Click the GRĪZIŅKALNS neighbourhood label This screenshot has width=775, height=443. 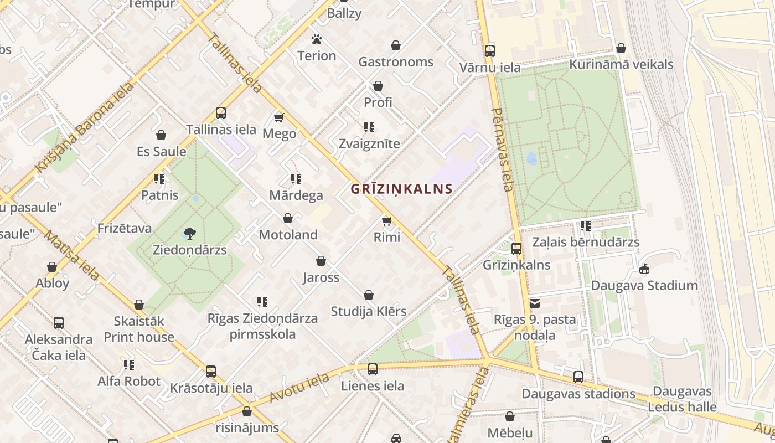click(x=401, y=189)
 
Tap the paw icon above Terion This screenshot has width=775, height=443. click(x=317, y=39)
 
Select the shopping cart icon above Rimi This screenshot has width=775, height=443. click(x=387, y=221)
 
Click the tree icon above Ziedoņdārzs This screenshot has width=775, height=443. click(x=189, y=234)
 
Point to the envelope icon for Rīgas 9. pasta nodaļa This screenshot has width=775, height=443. click(x=535, y=303)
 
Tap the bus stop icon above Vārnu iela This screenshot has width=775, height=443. click(x=490, y=51)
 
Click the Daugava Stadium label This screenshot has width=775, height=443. click(x=644, y=286)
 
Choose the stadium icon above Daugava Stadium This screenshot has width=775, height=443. click(x=644, y=269)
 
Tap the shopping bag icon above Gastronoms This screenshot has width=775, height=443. click(x=396, y=45)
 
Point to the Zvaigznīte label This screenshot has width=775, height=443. click(x=369, y=144)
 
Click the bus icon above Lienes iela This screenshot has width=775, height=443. click(x=373, y=369)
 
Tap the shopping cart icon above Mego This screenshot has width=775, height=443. click(x=279, y=117)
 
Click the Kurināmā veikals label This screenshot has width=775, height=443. click(x=621, y=65)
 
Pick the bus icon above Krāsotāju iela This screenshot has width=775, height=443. click(x=211, y=371)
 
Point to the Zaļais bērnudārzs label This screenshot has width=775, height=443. click(x=586, y=243)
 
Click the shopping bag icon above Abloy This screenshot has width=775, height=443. click(x=52, y=267)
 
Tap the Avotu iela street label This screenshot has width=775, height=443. click(x=299, y=388)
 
